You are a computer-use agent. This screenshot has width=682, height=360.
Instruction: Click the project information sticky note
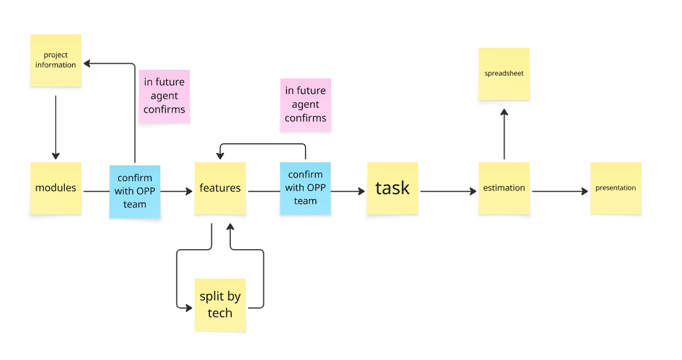click(x=56, y=60)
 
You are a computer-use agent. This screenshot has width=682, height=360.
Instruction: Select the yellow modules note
click(x=56, y=188)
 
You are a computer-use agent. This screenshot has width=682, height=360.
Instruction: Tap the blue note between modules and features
click(x=135, y=191)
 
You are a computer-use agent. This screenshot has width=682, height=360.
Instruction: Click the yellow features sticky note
click(x=220, y=188)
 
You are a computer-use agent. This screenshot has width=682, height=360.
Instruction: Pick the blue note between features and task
click(x=305, y=188)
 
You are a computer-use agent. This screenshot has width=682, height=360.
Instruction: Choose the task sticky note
click(x=392, y=188)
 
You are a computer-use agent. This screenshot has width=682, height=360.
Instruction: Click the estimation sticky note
click(x=504, y=188)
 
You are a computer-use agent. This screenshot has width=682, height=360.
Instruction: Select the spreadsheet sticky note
click(x=504, y=73)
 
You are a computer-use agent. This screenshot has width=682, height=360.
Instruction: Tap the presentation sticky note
click(x=615, y=188)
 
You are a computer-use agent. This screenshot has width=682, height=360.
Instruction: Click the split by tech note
click(x=220, y=304)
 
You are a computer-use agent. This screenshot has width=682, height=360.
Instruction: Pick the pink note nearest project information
click(x=164, y=96)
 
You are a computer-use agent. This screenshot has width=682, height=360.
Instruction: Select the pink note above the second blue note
click(x=305, y=104)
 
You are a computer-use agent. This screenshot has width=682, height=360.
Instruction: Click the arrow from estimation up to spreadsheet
click(x=504, y=135)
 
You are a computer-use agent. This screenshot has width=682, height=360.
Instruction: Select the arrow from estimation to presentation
click(x=560, y=192)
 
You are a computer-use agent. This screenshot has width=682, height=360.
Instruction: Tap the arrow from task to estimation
click(x=448, y=192)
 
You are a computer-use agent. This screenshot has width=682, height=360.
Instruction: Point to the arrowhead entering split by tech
click(x=189, y=307)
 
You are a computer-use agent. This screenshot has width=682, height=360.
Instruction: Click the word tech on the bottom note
click(x=220, y=313)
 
